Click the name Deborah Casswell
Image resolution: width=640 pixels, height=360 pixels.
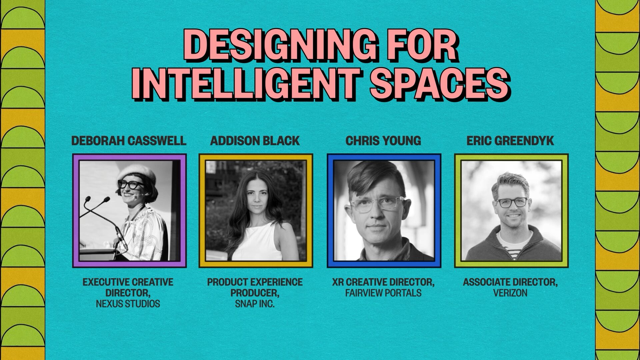129,141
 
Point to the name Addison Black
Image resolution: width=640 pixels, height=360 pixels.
255,141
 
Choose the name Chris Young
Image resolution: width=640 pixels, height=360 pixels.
383,141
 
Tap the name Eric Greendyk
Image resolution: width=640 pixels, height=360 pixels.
510,141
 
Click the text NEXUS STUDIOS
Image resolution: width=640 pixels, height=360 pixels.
128,304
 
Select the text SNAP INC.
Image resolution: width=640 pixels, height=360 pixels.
255,304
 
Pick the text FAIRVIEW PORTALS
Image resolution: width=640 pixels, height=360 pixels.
383,293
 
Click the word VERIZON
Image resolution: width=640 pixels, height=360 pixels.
510,293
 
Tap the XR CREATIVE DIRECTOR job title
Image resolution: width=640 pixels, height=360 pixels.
383,282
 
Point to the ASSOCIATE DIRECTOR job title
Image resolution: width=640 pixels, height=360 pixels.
510,282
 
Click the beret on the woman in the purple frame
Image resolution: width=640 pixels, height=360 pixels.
137,172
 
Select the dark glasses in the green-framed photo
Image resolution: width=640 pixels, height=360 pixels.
512,202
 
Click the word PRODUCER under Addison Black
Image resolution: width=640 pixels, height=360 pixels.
255,293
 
